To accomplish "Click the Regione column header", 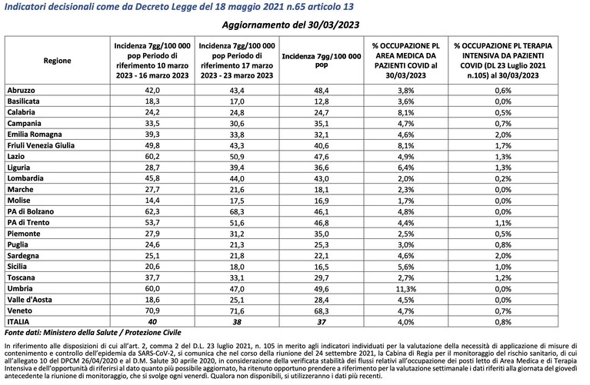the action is [57, 61].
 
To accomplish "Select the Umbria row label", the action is [20, 289].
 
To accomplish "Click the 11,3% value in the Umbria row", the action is [405, 289].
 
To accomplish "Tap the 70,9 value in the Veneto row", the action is [152, 311].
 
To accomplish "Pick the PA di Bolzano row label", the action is [31, 211].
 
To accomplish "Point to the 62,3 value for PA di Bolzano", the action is [152, 211].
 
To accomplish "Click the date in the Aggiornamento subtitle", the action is [333, 25].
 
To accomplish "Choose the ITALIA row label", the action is [18, 322].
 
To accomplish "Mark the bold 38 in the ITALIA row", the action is [237, 322].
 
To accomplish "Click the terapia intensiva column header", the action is [503, 61].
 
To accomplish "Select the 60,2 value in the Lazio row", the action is [152, 157].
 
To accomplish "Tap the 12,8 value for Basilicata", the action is [322, 101].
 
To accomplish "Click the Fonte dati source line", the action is [93, 333].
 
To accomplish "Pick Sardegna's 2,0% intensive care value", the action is [503, 256].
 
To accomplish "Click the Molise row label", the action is [18, 201].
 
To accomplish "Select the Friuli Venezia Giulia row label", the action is [41, 145].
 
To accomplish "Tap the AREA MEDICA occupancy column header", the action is [406, 61].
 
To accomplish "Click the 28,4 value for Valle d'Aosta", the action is [322, 300].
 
